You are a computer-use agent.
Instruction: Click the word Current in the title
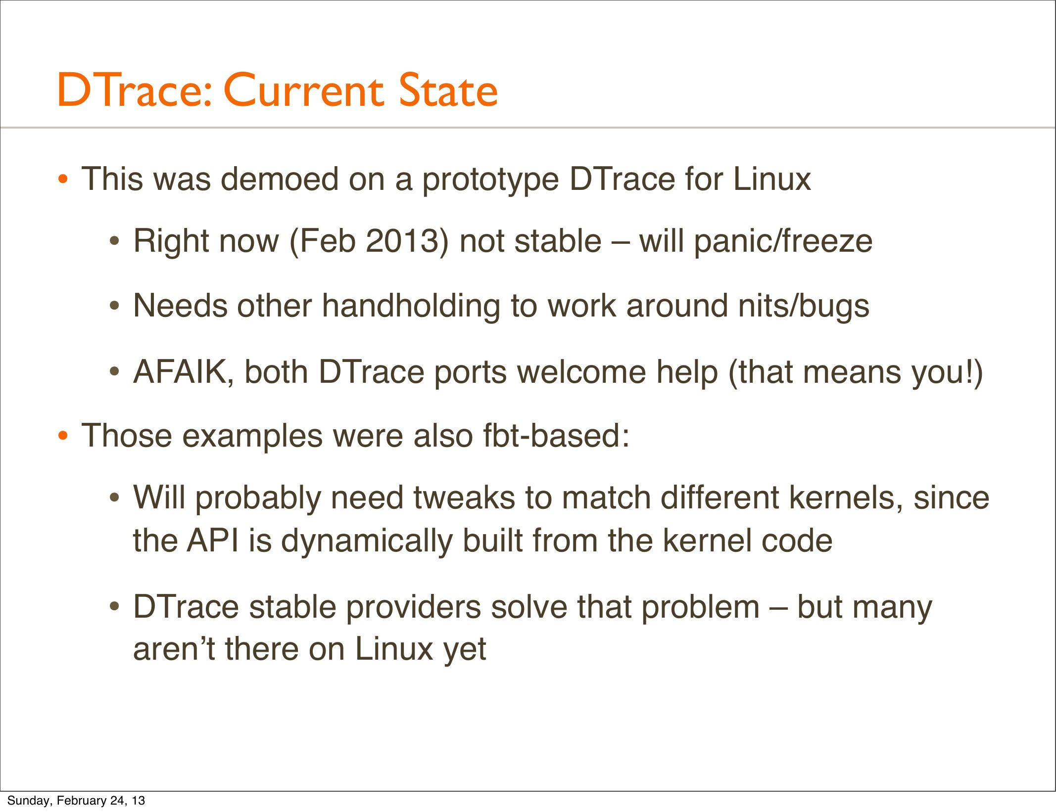pyautogui.click(x=303, y=90)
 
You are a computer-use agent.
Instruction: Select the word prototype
pyautogui.click(x=490, y=180)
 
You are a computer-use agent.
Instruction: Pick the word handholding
pyautogui.click(x=411, y=307)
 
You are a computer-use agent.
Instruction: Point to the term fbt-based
pyautogui.click(x=556, y=436)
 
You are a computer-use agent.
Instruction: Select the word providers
pyautogui.click(x=413, y=608)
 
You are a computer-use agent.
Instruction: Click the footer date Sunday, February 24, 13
pyautogui.click(x=76, y=800)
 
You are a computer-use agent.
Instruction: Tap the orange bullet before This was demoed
pyautogui.click(x=62, y=180)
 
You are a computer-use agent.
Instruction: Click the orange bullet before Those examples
pyautogui.click(x=62, y=436)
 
